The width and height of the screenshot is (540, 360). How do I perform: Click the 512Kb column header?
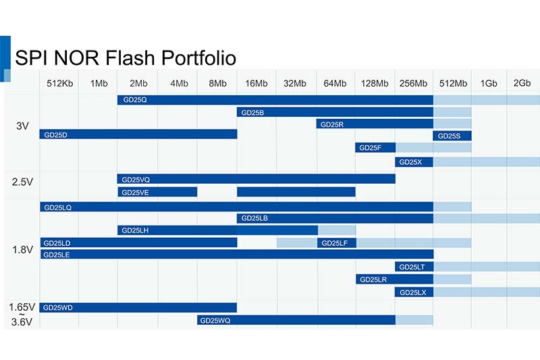pyautogui.click(x=60, y=83)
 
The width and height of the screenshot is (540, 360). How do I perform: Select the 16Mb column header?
pyautogui.click(x=256, y=83)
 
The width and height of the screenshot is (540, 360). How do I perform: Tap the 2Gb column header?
pyautogui.click(x=522, y=83)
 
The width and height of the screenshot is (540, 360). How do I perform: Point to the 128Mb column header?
pyautogui.click(x=375, y=83)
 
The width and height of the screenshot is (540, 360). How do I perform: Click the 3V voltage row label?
pyautogui.click(x=22, y=126)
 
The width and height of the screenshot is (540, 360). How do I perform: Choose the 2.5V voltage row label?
pyautogui.click(x=22, y=182)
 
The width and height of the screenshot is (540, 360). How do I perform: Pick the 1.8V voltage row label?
pyautogui.click(x=23, y=249)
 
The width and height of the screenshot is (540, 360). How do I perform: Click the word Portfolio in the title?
pyautogui.click(x=198, y=57)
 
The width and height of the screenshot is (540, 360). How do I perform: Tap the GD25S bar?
pyautogui.click(x=452, y=136)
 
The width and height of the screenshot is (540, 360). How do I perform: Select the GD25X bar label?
pyautogui.click(x=410, y=162)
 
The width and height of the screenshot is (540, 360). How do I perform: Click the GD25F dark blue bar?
pyautogui.click(x=375, y=148)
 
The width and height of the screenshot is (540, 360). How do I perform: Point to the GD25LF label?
pyautogui.click(x=334, y=243)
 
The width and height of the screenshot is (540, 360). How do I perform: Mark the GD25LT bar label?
pyautogui.click(x=412, y=267)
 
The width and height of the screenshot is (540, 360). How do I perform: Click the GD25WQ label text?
pyautogui.click(x=215, y=321)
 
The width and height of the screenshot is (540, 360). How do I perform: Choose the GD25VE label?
pyautogui.click(x=136, y=192)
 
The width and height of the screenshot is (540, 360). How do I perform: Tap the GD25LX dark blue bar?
pyautogui.click(x=414, y=292)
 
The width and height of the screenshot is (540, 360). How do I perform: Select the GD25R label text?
pyautogui.click(x=332, y=125)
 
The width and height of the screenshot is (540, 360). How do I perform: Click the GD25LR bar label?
pyautogui.click(x=373, y=280)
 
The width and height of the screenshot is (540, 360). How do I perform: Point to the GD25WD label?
pyautogui.click(x=58, y=307)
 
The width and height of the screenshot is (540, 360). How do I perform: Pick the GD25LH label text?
pyautogui.click(x=135, y=230)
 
